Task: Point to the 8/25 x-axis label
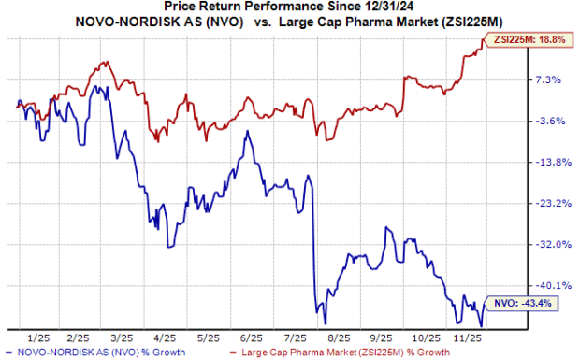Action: pos(338,337)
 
